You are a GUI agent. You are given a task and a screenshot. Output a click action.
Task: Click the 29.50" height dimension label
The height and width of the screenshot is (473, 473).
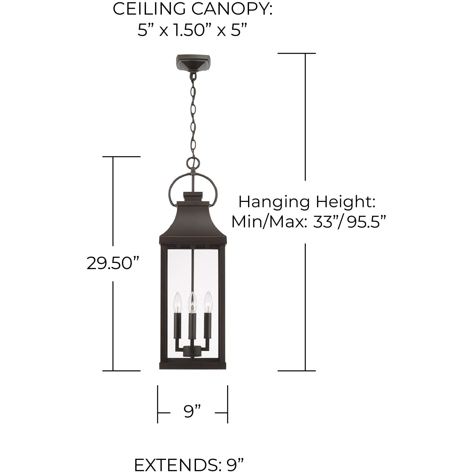click(x=113, y=263)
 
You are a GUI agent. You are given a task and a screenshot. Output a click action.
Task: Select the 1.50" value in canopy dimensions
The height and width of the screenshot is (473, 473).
click(x=192, y=30)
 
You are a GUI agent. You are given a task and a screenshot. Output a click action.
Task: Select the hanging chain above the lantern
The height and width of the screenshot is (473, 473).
click(x=193, y=116)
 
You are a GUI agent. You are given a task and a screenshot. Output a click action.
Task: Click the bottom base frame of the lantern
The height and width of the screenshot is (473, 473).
click(x=193, y=365)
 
